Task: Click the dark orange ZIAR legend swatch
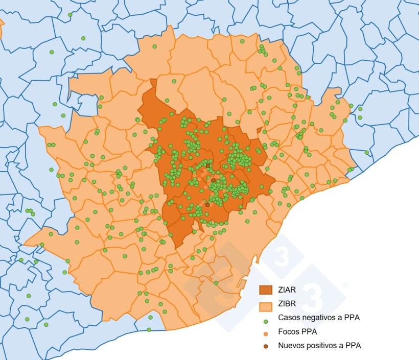[266, 290]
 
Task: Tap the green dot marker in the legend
[266, 321]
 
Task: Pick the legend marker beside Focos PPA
[266, 333]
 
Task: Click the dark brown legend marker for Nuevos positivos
[266, 346]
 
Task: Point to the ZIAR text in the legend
[287, 290]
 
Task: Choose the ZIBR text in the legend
[287, 304]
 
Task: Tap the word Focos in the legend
[289, 331]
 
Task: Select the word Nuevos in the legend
[292, 345]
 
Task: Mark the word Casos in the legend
[289, 318]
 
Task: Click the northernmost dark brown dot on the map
[208, 165]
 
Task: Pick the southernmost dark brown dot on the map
[207, 205]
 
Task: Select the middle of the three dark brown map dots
[213, 180]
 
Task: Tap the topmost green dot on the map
[70, 14]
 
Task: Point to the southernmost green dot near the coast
[149, 330]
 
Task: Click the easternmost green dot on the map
[366, 152]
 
